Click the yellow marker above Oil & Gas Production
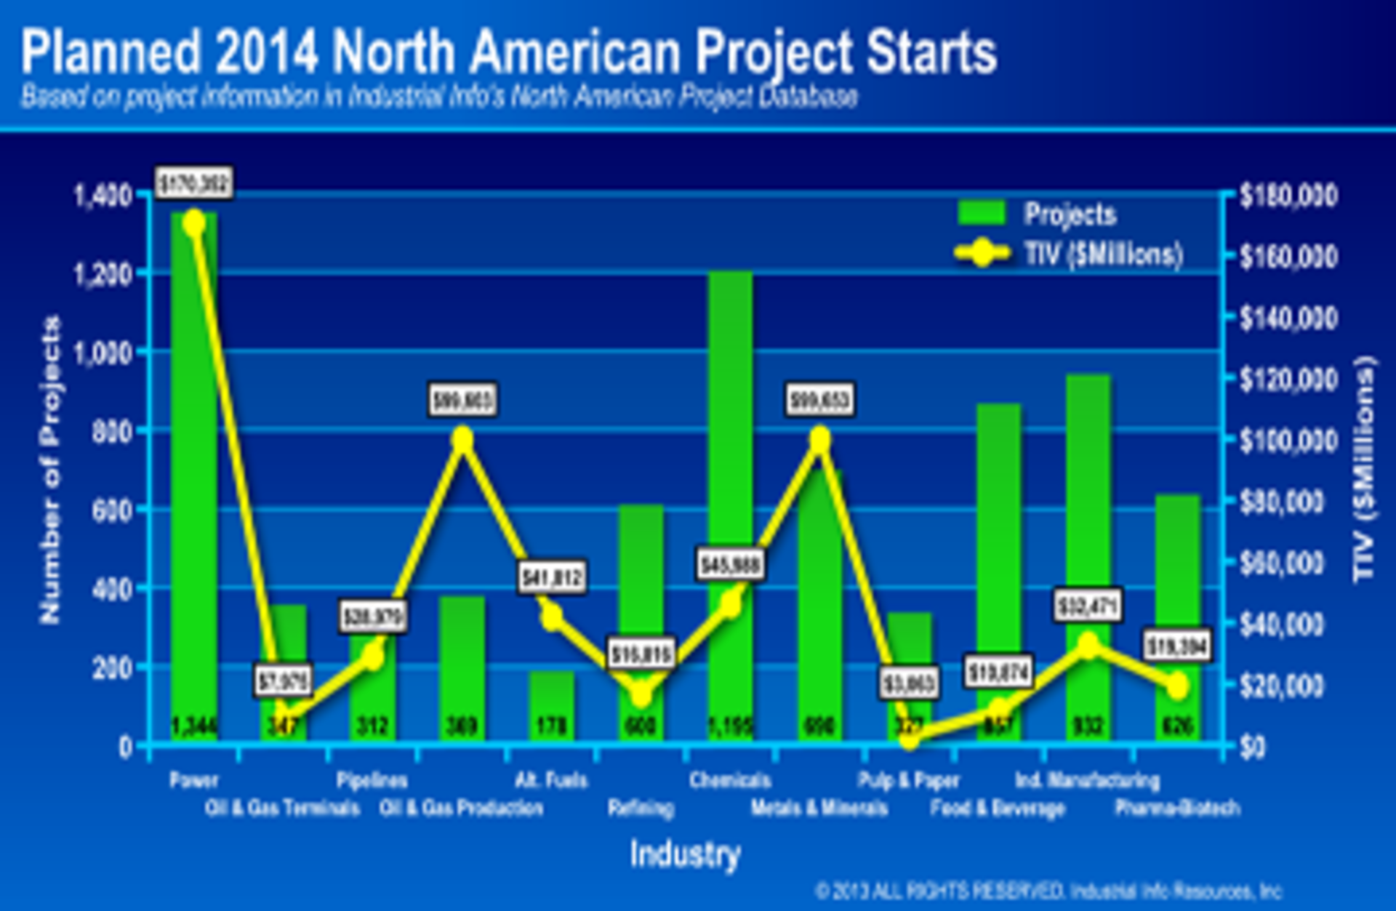point(462,439)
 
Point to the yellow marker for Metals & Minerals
point(820,439)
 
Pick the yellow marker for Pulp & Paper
point(909,740)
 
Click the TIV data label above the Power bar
point(194,182)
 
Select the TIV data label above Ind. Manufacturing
point(1088,606)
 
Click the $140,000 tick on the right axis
point(1287,318)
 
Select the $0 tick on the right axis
point(1252,747)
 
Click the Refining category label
point(641,808)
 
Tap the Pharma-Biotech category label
point(1176,808)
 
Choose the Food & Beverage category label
point(998,808)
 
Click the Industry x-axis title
point(685,854)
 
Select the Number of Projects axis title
point(49,470)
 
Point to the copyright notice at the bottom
point(1047,891)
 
